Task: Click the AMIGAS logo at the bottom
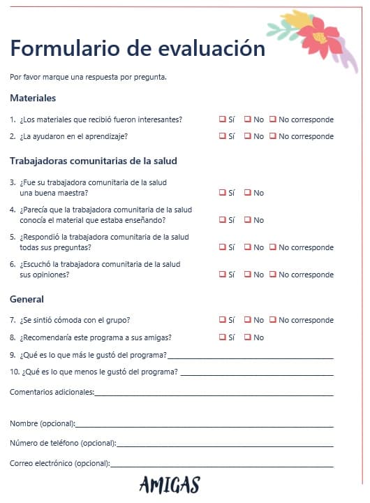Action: [169, 484]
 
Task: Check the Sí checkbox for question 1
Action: [222, 119]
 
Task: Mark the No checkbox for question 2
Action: [247, 136]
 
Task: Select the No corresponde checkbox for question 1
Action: [273, 119]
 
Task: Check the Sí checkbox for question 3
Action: [222, 192]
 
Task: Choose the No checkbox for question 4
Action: [247, 219]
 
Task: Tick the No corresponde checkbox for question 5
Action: [273, 247]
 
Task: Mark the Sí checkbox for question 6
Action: [222, 274]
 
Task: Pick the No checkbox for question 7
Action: [247, 319]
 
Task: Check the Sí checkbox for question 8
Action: [222, 337]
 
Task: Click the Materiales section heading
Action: [33, 98]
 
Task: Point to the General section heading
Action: [27, 299]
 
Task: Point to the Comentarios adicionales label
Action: [51, 392]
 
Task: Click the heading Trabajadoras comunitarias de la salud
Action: [94, 161]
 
